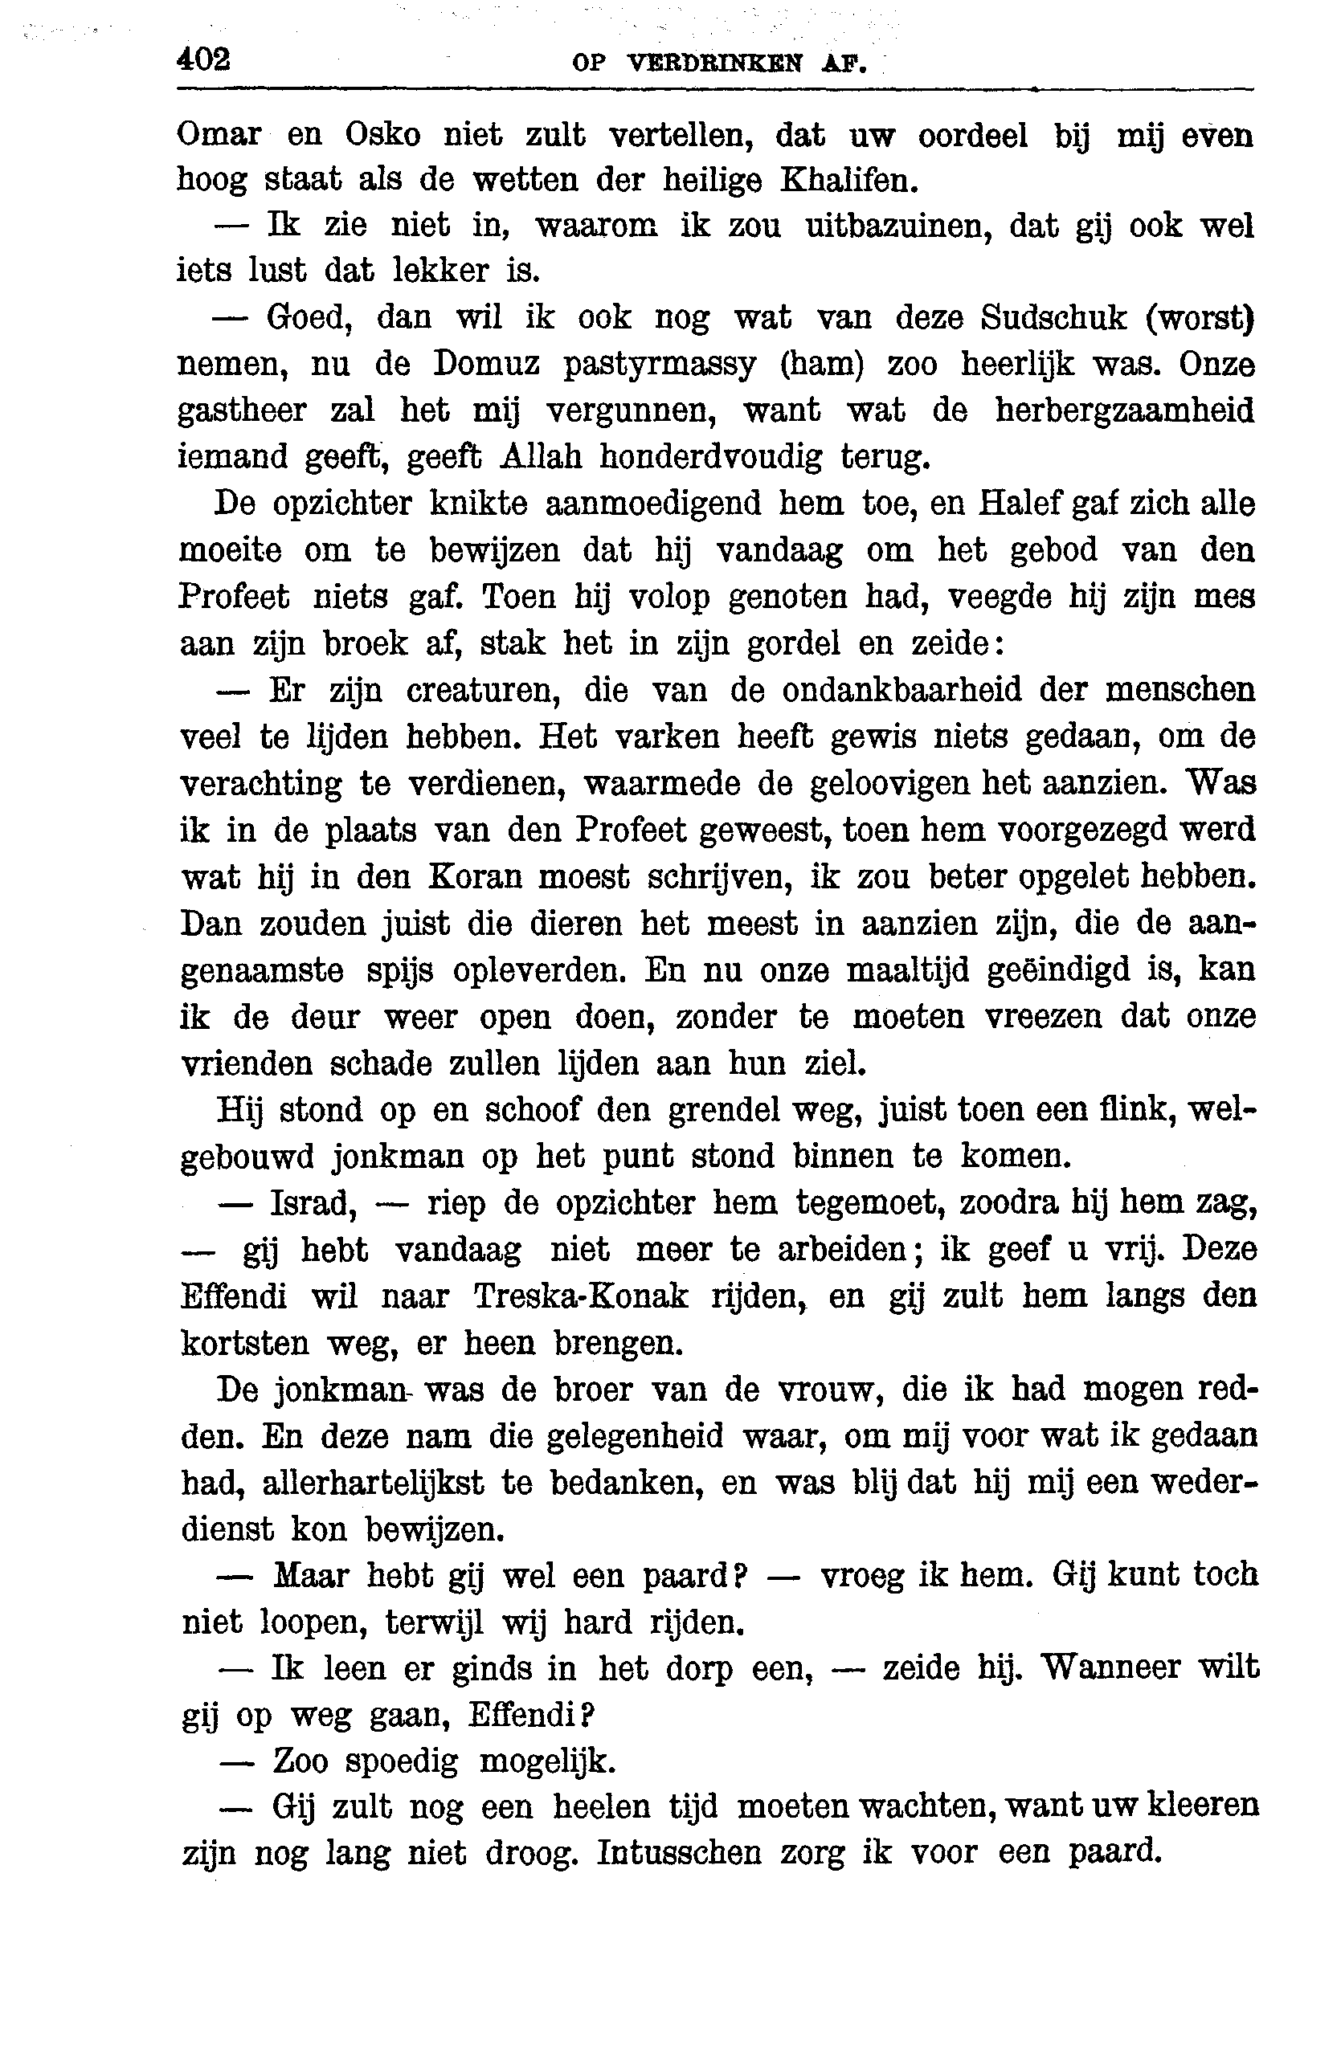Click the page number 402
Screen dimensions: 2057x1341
(204, 59)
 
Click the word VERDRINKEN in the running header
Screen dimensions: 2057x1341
(715, 63)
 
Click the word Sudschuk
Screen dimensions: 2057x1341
(1053, 318)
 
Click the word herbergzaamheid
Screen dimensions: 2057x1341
(1124, 410)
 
